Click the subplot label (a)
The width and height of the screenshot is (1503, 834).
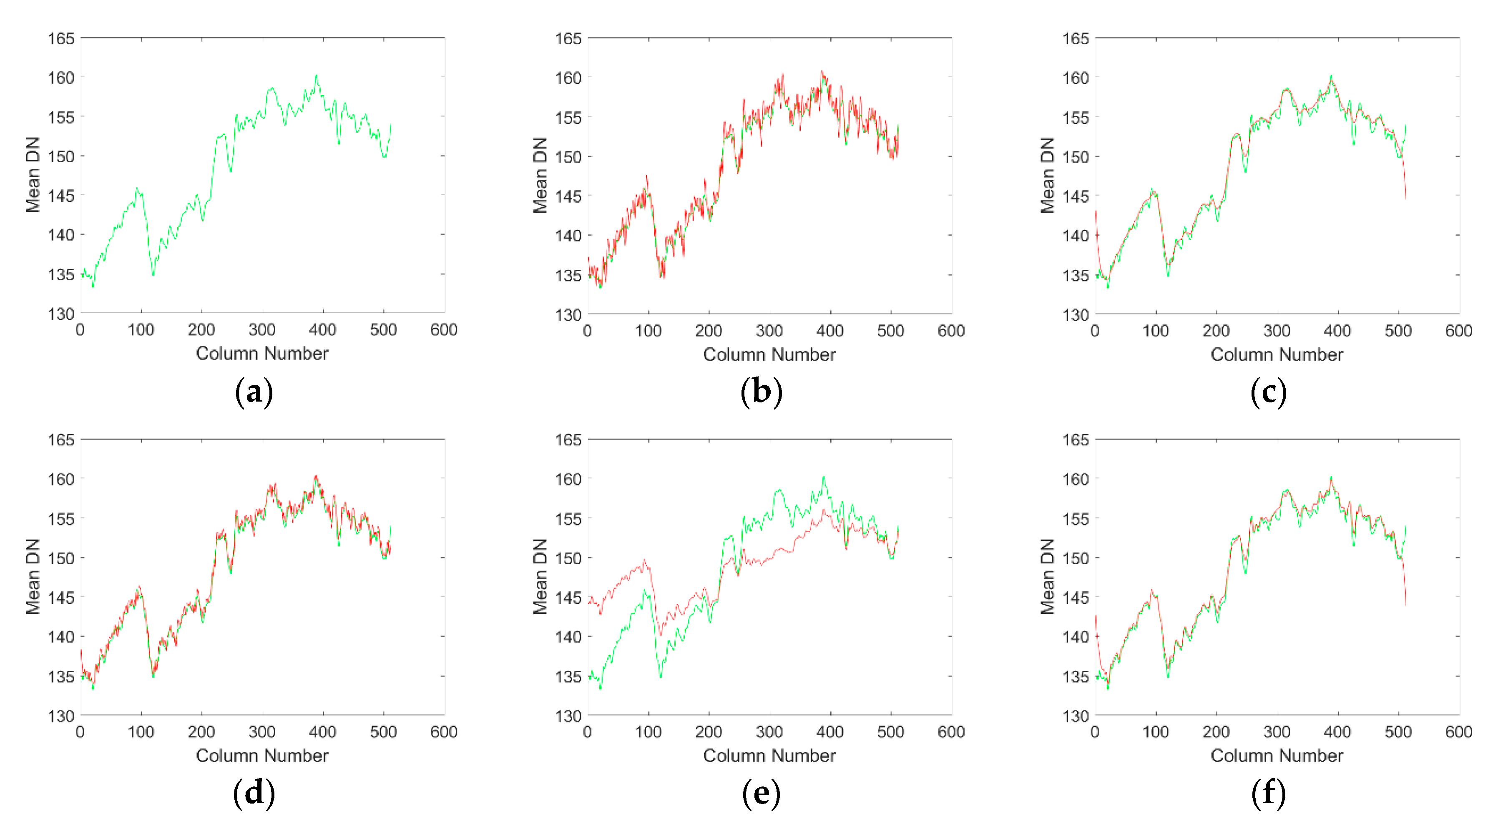point(254,392)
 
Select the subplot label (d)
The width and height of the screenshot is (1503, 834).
point(254,793)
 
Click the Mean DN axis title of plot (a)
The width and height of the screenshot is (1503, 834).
point(33,175)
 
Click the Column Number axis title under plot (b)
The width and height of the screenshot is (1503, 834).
point(769,354)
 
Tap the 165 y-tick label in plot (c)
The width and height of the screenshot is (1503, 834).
point(1075,38)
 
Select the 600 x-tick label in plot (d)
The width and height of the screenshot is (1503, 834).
point(443,731)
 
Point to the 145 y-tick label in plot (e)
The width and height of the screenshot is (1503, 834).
point(568,597)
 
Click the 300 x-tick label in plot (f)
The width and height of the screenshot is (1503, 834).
point(1277,731)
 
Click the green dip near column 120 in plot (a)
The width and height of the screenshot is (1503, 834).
point(153,274)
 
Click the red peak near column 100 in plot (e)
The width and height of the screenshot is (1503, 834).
point(645,560)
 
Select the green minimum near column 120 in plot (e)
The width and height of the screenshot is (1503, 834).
point(661,676)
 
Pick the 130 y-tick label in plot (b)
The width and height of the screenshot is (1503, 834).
point(568,315)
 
